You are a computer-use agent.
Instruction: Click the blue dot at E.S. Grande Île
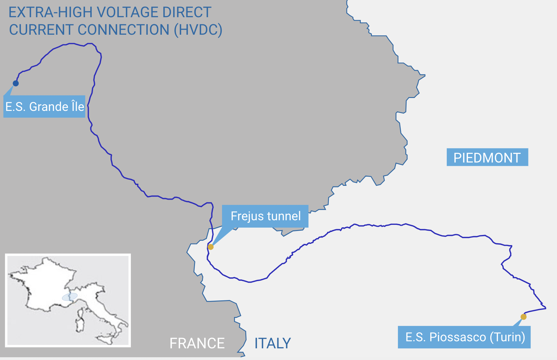click(16, 83)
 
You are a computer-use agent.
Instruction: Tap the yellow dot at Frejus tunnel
click(211, 247)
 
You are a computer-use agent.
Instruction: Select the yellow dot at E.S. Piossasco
click(524, 317)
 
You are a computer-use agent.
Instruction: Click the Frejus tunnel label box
click(265, 216)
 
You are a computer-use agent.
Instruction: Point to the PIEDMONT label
click(487, 158)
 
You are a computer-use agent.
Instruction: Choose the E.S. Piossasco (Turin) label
click(464, 337)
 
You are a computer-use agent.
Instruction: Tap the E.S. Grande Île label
click(45, 107)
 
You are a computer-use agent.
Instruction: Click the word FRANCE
click(197, 343)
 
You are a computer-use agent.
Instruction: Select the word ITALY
click(273, 343)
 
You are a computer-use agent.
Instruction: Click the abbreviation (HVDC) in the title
click(198, 30)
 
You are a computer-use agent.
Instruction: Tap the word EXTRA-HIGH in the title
click(50, 13)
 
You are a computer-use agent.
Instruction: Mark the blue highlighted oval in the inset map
click(70, 297)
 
